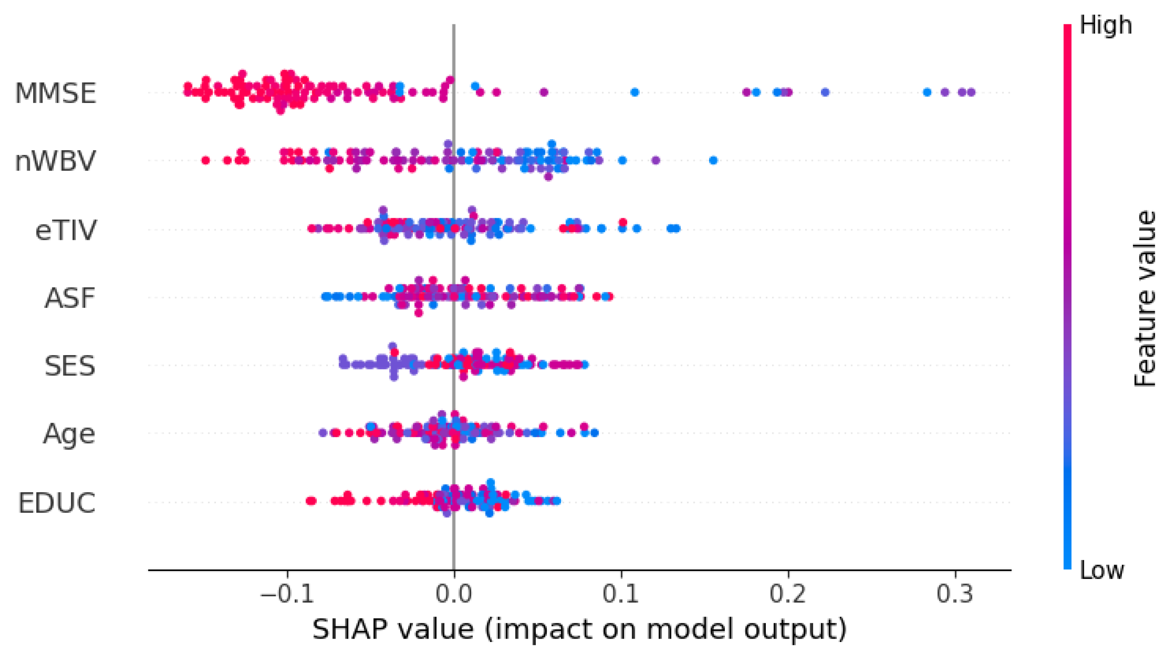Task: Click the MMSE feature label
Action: coord(55,93)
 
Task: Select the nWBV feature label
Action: coord(55,161)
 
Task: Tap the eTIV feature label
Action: coord(66,230)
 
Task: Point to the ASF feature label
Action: coord(70,298)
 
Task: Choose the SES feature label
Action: coord(70,366)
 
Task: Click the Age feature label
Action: coord(69,434)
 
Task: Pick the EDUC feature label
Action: coord(56,503)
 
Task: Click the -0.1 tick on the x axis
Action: coord(286,594)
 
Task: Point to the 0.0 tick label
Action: coord(454,594)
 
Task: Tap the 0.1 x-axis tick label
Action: coord(621,594)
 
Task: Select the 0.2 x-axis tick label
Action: coord(788,594)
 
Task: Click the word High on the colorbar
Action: coord(1106,25)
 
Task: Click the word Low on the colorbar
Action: coord(1101,570)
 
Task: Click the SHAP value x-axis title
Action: coord(579,629)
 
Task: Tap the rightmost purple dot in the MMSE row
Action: coord(971,93)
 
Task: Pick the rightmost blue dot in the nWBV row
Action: coord(714,161)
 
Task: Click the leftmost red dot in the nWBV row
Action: coord(205,161)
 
